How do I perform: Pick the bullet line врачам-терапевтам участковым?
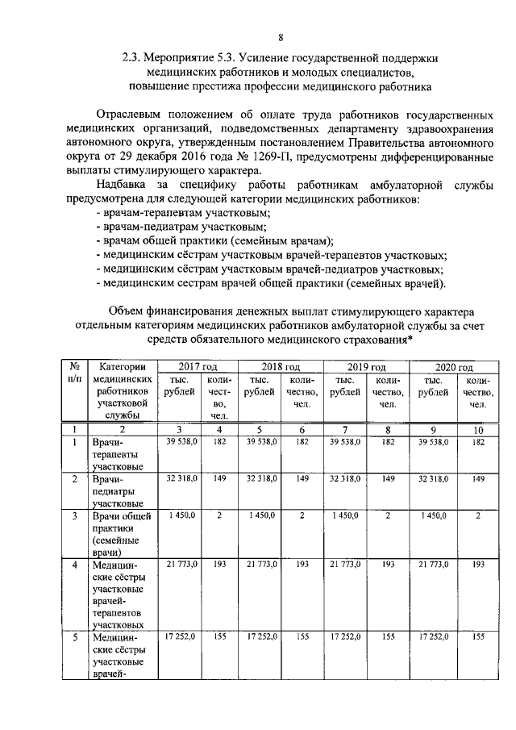click(184, 213)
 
